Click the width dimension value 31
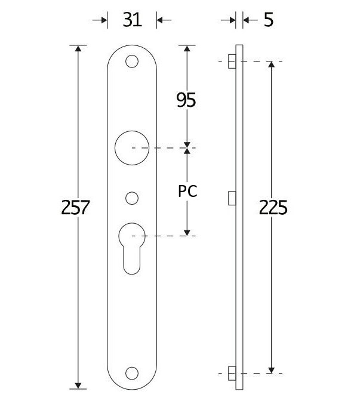[132, 20]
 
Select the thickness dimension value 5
[268, 20]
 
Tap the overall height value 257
[76, 208]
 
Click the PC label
[187, 192]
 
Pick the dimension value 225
[273, 208]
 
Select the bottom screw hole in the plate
[132, 373]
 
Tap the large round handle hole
[132, 147]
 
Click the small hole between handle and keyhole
[132, 196]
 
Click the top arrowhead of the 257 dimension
[78, 50]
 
